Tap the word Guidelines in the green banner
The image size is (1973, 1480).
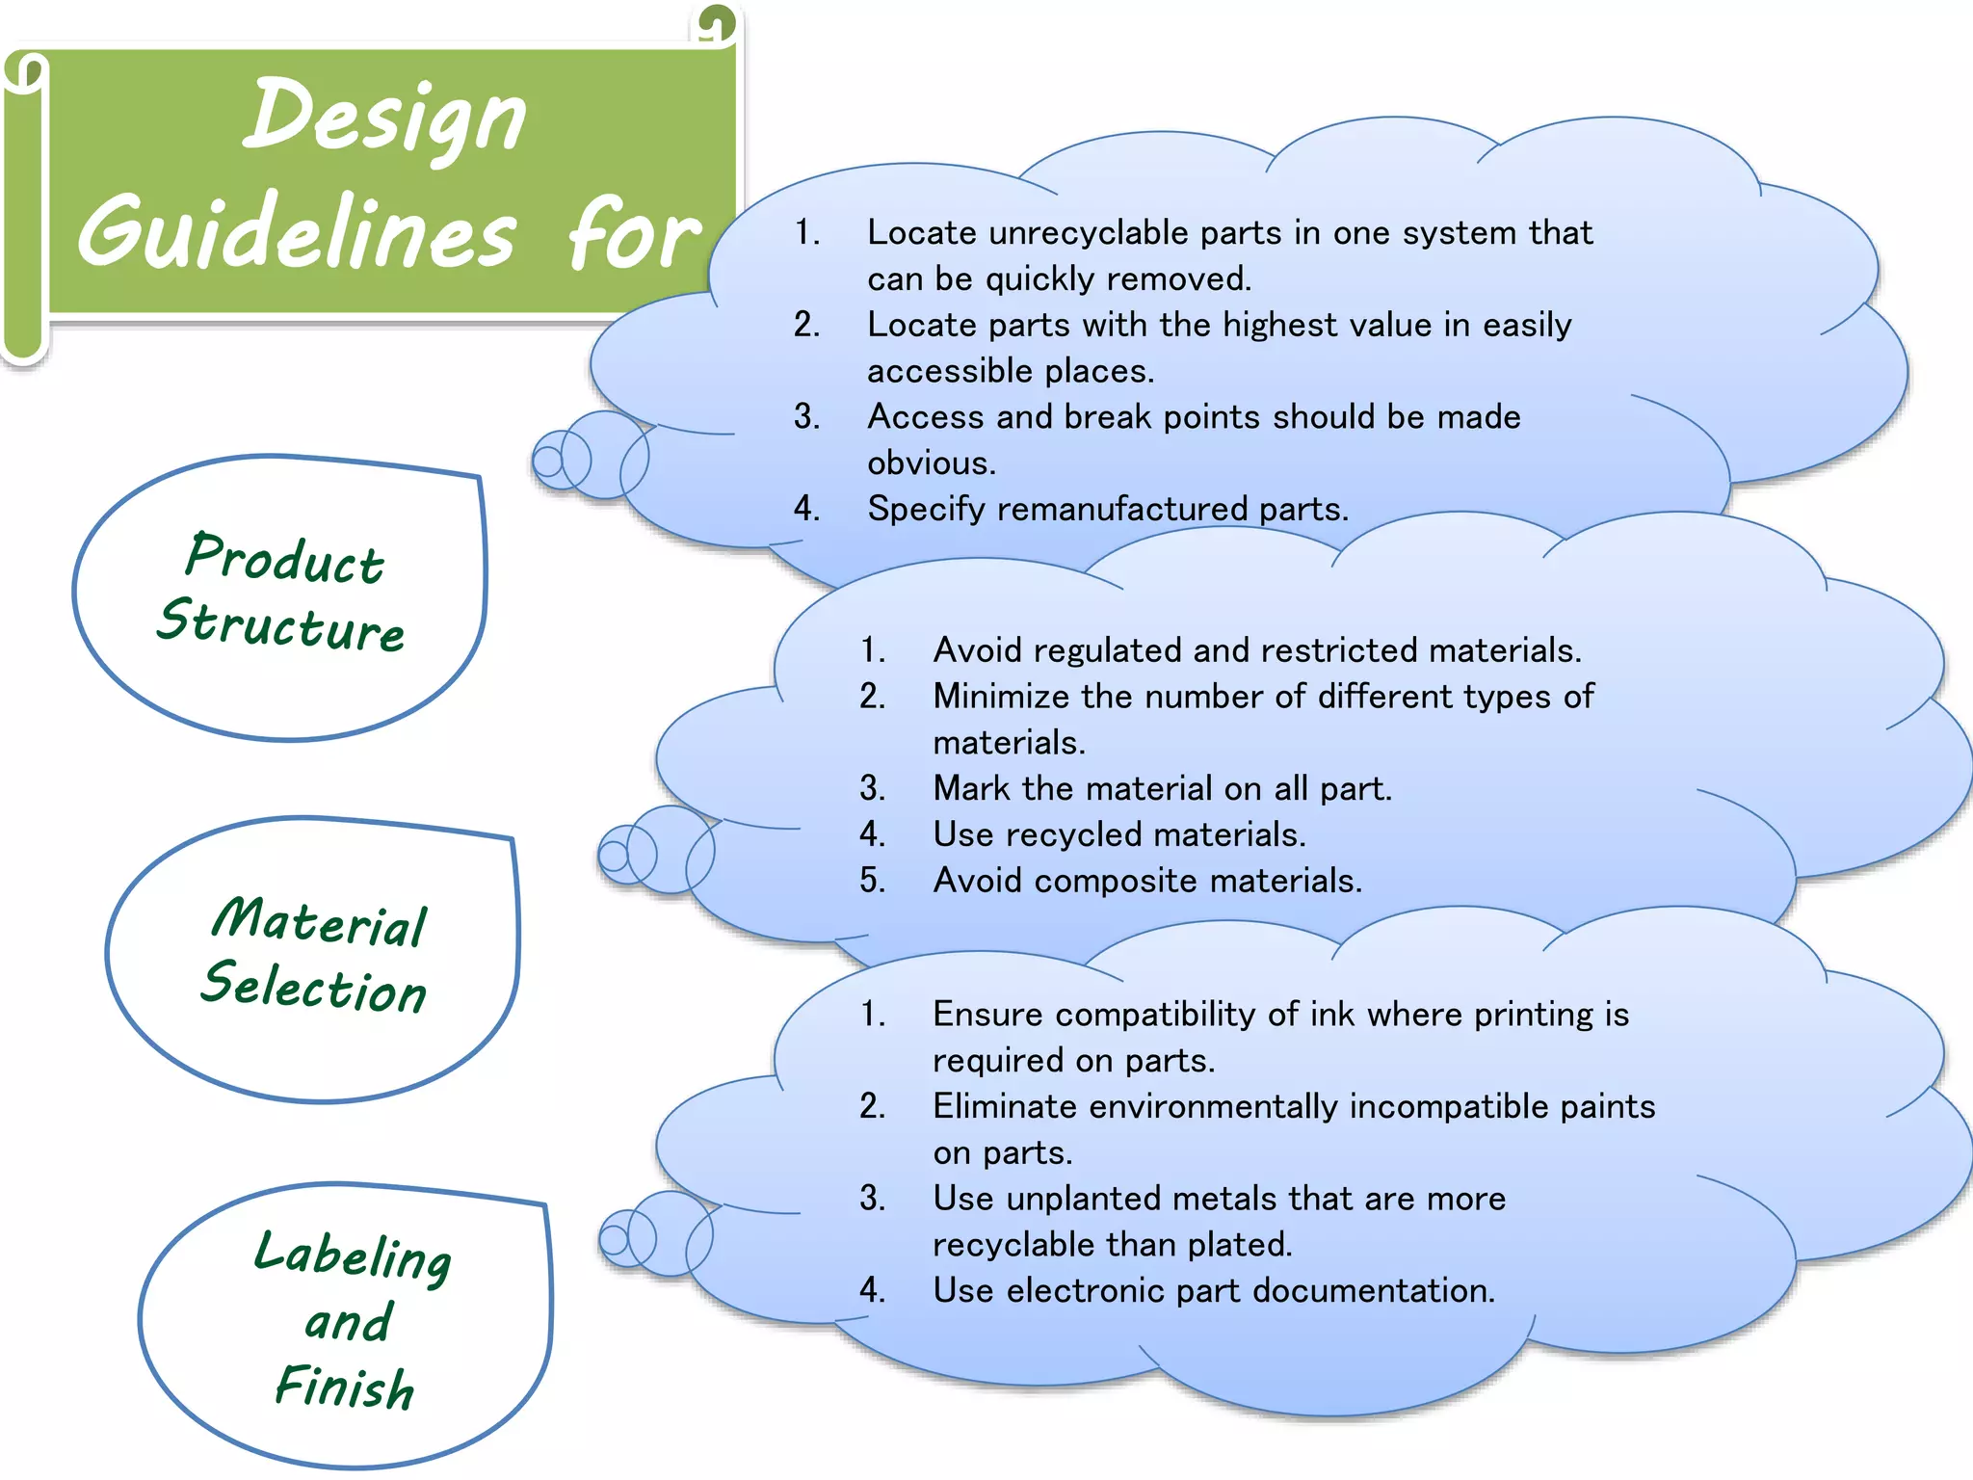(297, 233)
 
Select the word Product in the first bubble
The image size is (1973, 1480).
(285, 558)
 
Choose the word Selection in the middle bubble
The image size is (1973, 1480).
(314, 988)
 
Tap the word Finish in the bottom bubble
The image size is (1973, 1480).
(345, 1387)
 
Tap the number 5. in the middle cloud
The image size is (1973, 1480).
(873, 881)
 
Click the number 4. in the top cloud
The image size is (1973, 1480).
(807, 509)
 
